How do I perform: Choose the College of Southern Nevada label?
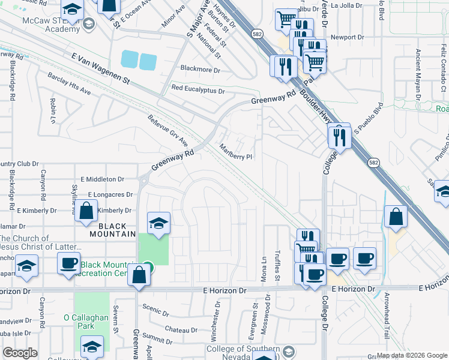tap(243, 353)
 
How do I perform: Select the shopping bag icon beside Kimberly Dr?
tap(87, 211)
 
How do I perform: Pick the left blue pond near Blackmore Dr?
tap(129, 59)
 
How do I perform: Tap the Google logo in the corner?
tap(20, 353)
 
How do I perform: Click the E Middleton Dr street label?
tap(102, 179)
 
